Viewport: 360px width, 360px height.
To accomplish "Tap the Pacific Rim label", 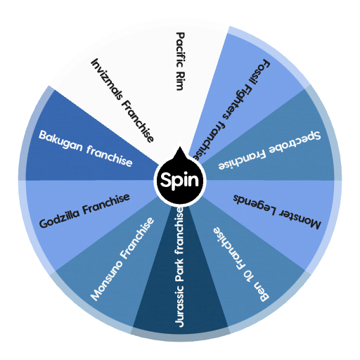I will [181, 61].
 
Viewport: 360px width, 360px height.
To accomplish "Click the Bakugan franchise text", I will [86, 148].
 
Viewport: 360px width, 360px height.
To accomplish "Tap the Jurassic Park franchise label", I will [180, 267].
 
